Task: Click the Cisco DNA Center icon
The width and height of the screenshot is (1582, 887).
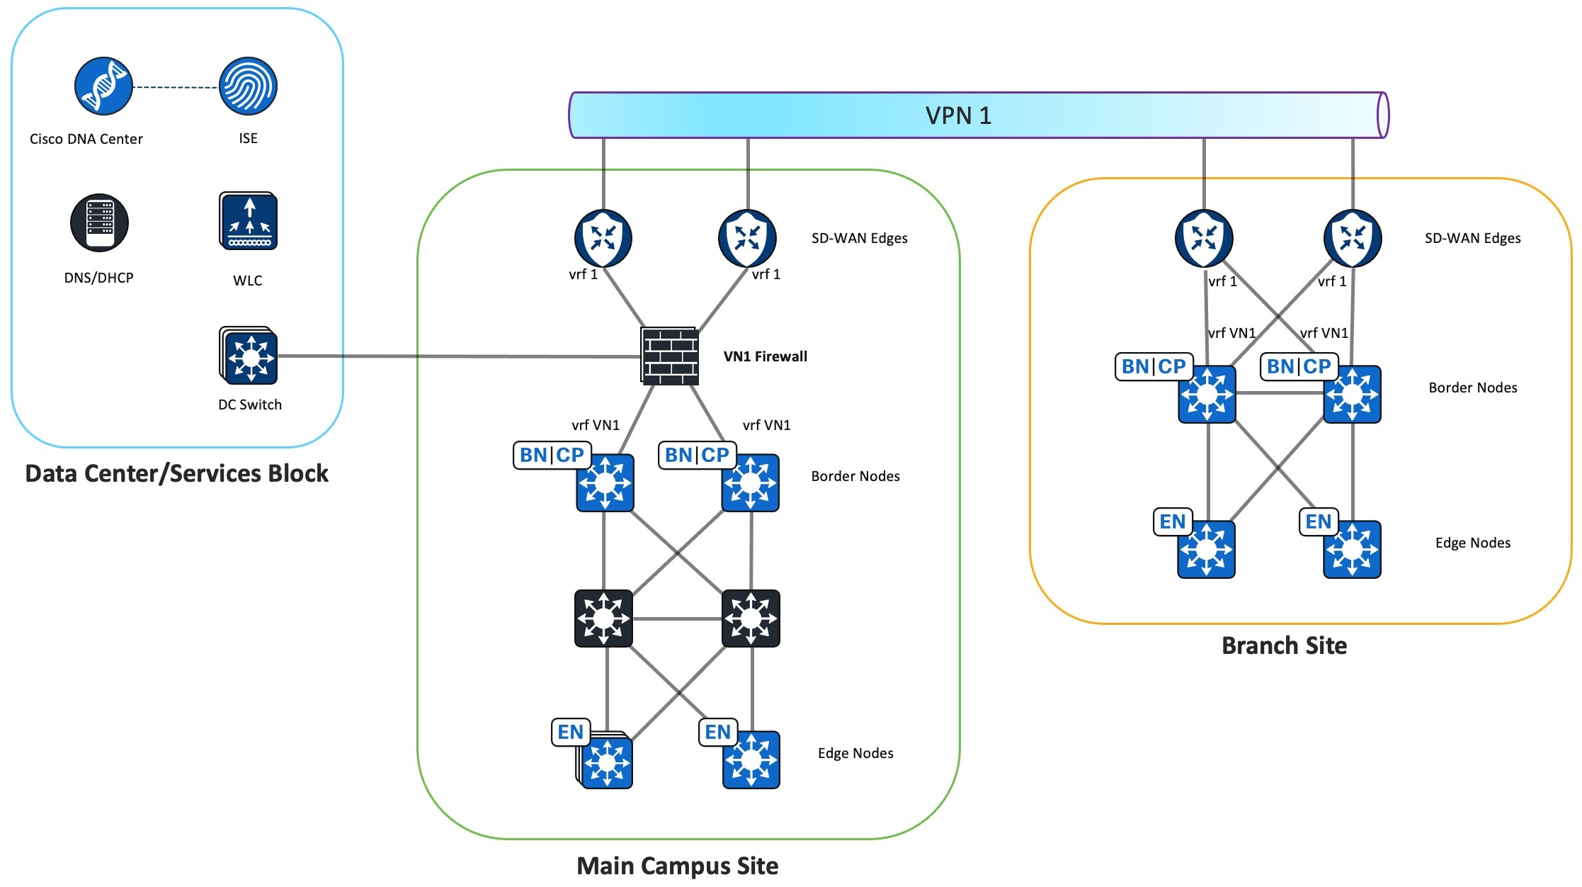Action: pyautogui.click(x=103, y=86)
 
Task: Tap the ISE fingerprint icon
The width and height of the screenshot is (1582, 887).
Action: pyautogui.click(x=248, y=86)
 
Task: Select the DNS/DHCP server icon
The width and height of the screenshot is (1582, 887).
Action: pyautogui.click(x=99, y=222)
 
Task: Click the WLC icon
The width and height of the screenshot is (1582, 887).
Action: pyautogui.click(x=248, y=221)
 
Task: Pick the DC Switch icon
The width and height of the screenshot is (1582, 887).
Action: pyautogui.click(x=249, y=356)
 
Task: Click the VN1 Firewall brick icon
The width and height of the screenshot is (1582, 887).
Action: pyautogui.click(x=670, y=356)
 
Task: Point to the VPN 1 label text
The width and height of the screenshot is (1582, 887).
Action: pyautogui.click(x=958, y=115)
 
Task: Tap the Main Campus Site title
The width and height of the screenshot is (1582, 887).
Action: pyautogui.click(x=677, y=866)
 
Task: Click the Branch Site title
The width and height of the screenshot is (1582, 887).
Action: pyautogui.click(x=1284, y=645)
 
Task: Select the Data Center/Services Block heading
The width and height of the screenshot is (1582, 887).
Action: pyautogui.click(x=176, y=473)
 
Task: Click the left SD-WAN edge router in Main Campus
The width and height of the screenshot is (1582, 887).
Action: pyautogui.click(x=603, y=238)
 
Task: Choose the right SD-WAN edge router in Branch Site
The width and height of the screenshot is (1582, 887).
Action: pyautogui.click(x=1353, y=238)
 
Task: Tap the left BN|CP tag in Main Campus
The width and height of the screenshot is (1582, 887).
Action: pyautogui.click(x=552, y=455)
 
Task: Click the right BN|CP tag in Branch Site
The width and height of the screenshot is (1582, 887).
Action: pyautogui.click(x=1299, y=366)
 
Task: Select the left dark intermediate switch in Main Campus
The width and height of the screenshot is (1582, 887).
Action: pyautogui.click(x=603, y=618)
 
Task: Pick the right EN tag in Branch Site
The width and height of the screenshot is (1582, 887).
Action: pyautogui.click(x=1318, y=522)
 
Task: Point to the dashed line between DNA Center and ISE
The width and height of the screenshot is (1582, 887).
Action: pyautogui.click(x=176, y=87)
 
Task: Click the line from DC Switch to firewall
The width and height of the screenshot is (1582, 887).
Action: pyautogui.click(x=460, y=356)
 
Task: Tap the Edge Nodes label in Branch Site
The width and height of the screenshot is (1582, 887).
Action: pyautogui.click(x=1472, y=543)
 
